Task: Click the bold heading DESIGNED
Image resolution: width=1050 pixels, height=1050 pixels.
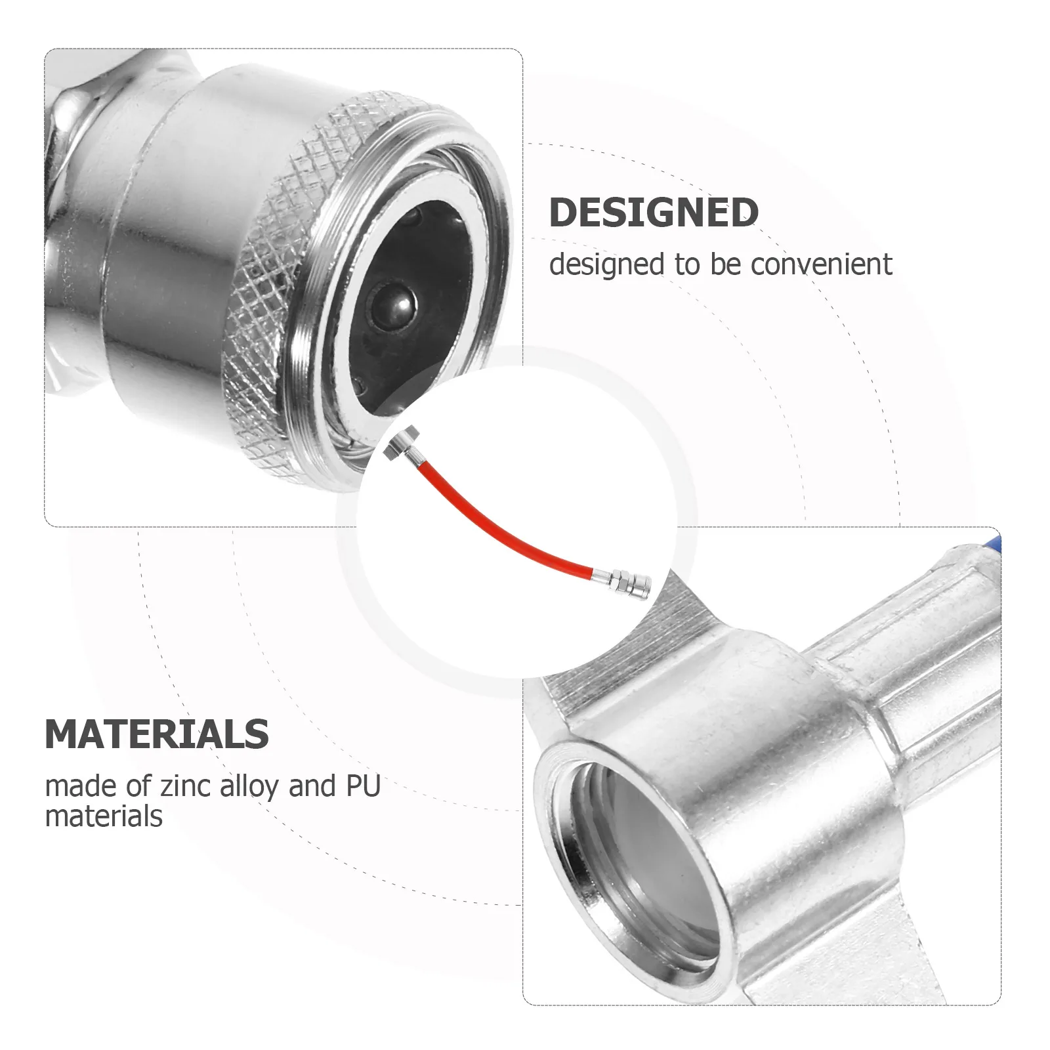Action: pos(653,212)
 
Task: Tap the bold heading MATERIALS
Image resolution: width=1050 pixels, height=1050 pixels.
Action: pos(157,734)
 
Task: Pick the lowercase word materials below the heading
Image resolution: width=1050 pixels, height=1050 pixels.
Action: pos(104,817)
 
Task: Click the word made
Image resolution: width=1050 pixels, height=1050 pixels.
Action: pos(80,786)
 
